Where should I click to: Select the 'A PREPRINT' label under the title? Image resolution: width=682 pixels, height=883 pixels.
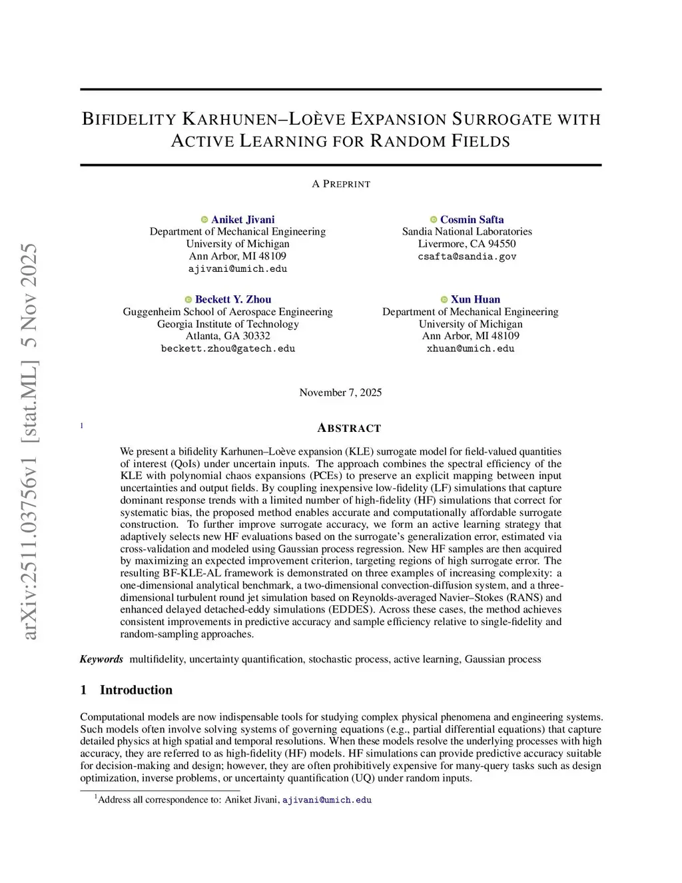(341, 184)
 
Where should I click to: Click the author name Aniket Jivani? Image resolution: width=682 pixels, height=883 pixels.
(242, 219)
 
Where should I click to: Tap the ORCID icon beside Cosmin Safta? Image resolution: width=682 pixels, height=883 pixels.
(434, 219)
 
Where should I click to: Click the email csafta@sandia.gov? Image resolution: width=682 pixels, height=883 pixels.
(467, 257)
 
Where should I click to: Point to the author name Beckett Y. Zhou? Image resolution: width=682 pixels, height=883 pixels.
(233, 299)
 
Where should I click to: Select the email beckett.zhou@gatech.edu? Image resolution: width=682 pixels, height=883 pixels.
(228, 349)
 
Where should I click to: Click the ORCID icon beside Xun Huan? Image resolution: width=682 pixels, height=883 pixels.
(444, 299)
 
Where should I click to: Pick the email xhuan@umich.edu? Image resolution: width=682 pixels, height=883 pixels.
(470, 349)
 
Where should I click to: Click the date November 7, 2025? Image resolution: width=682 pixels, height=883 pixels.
(340, 393)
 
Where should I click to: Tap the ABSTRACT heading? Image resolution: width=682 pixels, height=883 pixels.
(349, 428)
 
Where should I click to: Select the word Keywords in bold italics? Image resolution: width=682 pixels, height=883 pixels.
(101, 659)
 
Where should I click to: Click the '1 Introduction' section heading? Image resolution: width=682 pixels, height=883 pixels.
(126, 690)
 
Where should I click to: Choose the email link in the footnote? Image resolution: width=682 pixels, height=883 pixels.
(326, 800)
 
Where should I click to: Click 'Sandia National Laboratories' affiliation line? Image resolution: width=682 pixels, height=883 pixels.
(467, 231)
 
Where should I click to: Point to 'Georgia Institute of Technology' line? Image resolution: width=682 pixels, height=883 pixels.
(228, 324)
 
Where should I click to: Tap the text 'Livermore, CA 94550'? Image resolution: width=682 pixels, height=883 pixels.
(467, 244)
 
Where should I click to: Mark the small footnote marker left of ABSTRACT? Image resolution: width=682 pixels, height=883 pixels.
(82, 425)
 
